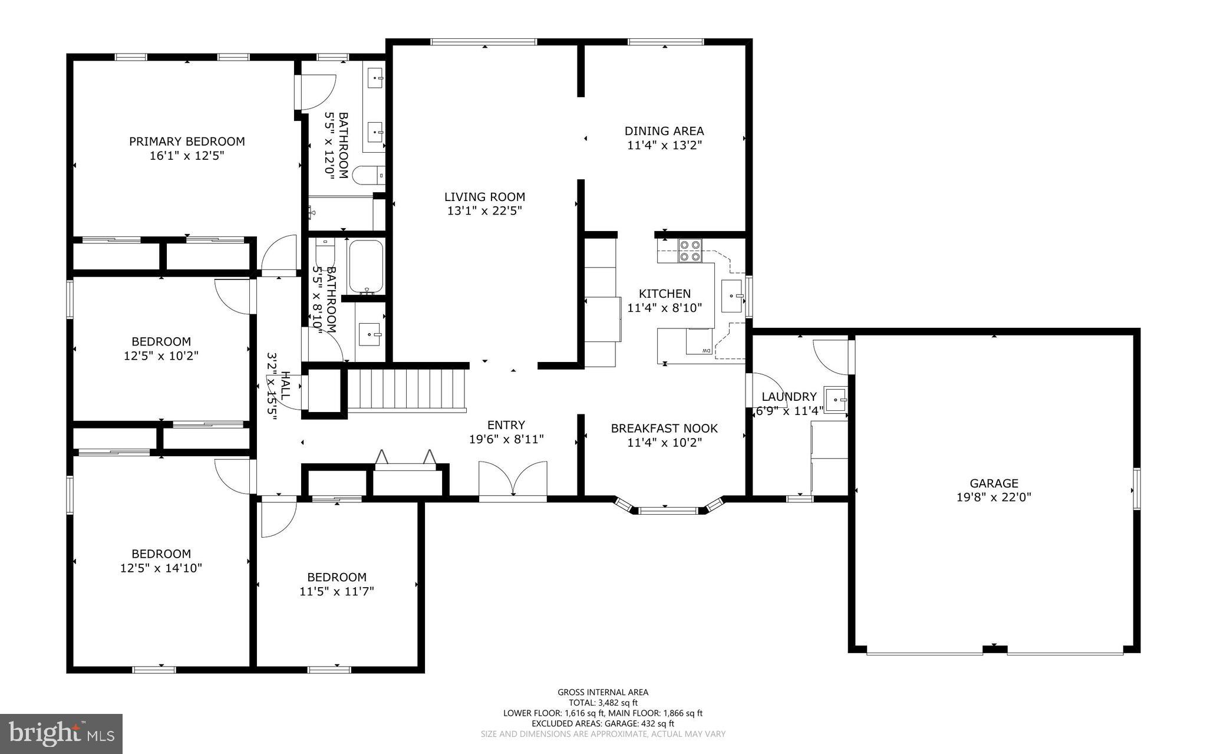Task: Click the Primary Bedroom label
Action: (x=187, y=141)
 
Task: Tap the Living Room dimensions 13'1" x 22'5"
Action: (x=484, y=211)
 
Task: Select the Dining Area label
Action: (x=664, y=131)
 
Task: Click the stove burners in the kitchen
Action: (x=690, y=250)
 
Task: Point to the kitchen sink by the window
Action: (x=732, y=297)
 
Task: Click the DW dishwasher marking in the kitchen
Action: (x=705, y=351)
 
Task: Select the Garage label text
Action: (x=994, y=483)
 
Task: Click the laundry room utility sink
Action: (x=835, y=400)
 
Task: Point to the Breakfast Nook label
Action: (x=664, y=429)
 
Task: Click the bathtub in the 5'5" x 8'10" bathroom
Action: (x=366, y=266)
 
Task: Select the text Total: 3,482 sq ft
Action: (x=603, y=703)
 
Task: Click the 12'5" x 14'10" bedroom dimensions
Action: (x=161, y=568)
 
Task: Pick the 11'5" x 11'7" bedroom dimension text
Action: (x=337, y=591)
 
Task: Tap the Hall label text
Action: (x=285, y=386)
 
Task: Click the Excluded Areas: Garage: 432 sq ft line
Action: (x=603, y=723)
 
